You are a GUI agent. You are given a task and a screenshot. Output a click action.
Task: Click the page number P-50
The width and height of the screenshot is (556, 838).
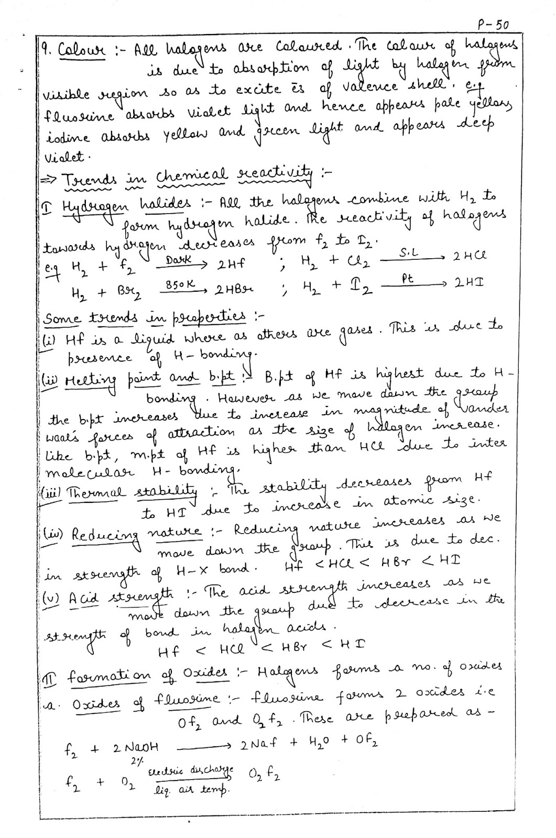[493, 24]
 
